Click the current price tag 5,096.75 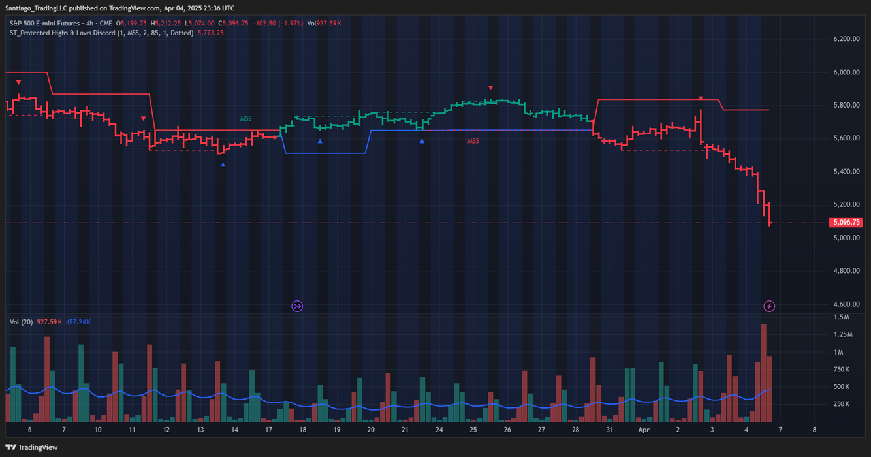tap(846, 223)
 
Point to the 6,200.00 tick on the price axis tap(846, 39)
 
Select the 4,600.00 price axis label tap(846, 304)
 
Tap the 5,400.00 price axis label tap(846, 172)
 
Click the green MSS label tap(245, 119)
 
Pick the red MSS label tap(473, 141)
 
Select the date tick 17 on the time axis tap(268, 430)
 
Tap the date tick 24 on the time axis tap(439, 430)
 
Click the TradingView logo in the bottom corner tap(33, 447)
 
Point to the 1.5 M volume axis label tap(842, 317)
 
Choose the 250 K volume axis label tap(842, 404)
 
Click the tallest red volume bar tap(763, 372)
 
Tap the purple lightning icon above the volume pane tap(770, 306)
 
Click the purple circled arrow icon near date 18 tap(297, 306)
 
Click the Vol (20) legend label tap(22, 322)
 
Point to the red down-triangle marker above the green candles tap(491, 87)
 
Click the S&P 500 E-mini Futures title tap(44, 24)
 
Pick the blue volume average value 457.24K tap(78, 322)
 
